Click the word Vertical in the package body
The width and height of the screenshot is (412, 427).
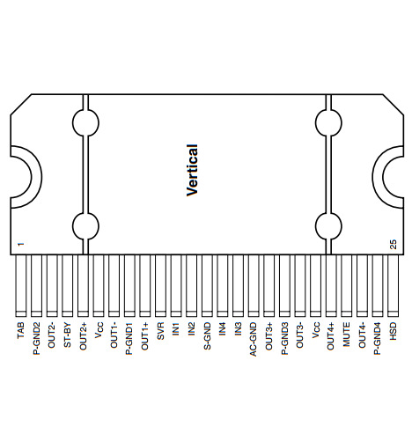pos(192,170)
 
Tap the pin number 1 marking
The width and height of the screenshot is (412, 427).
pos(20,244)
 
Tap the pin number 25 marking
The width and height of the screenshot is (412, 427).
pos(393,245)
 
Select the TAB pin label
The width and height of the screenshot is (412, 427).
pos(21,330)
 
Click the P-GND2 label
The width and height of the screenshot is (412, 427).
pos(36,338)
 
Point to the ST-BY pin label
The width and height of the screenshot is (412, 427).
pos(67,335)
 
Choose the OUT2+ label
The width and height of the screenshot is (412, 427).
pos(83,336)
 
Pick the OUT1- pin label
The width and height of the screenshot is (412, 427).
pos(114,335)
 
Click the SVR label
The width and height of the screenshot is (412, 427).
pos(160,331)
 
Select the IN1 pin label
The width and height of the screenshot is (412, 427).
pos(176,329)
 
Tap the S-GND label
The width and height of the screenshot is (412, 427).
pos(207,336)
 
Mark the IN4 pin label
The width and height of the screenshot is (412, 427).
pos(223,329)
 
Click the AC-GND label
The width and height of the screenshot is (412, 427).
pos(253,339)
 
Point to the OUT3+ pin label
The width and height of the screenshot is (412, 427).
pos(269,336)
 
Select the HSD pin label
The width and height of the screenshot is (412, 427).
pos(393,331)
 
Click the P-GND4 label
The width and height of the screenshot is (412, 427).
pos(377,338)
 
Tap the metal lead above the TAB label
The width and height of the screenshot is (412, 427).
pos(21,285)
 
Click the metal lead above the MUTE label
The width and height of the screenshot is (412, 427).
pos(346,285)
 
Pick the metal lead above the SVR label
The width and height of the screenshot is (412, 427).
pos(160,285)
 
